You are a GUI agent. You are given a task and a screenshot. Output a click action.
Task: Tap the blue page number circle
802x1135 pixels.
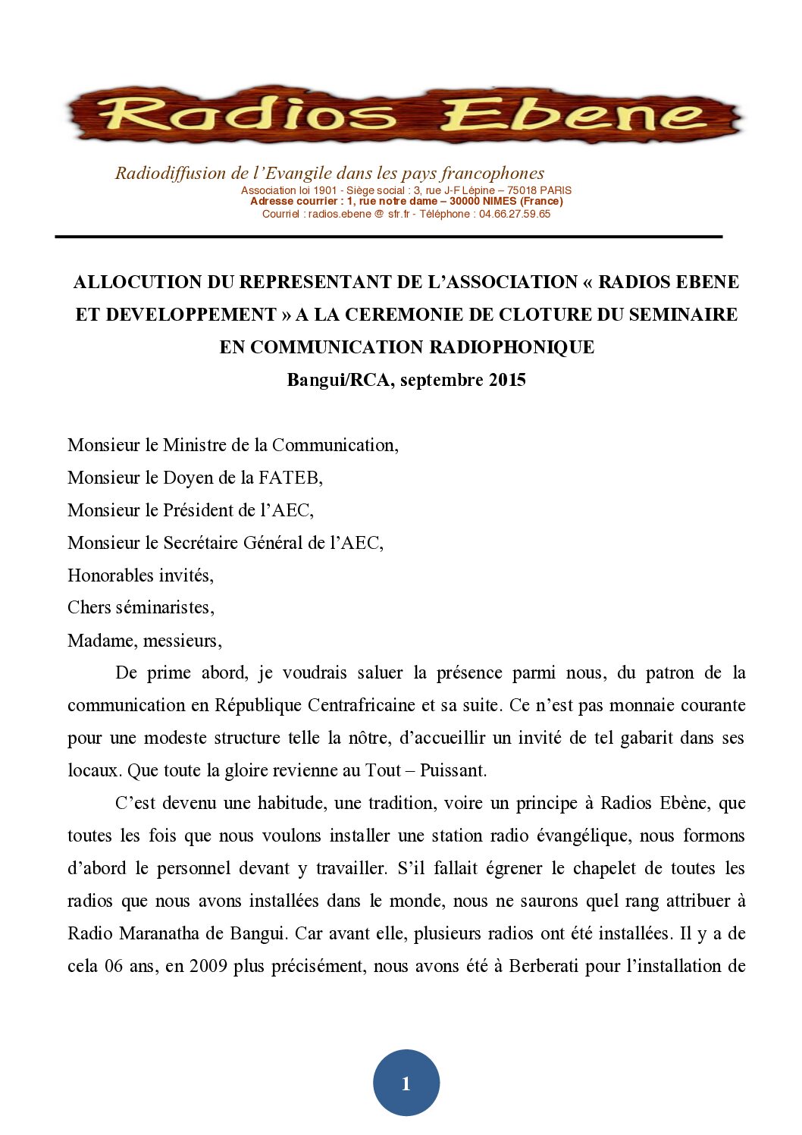[406, 1083]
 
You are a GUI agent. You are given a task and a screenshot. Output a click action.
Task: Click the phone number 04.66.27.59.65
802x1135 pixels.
[515, 214]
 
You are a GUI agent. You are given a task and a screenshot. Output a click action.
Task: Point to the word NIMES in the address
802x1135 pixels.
[500, 202]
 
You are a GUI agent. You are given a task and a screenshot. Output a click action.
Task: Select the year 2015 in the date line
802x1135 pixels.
[507, 380]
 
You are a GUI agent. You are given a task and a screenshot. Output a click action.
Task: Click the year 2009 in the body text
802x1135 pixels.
[208, 967]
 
